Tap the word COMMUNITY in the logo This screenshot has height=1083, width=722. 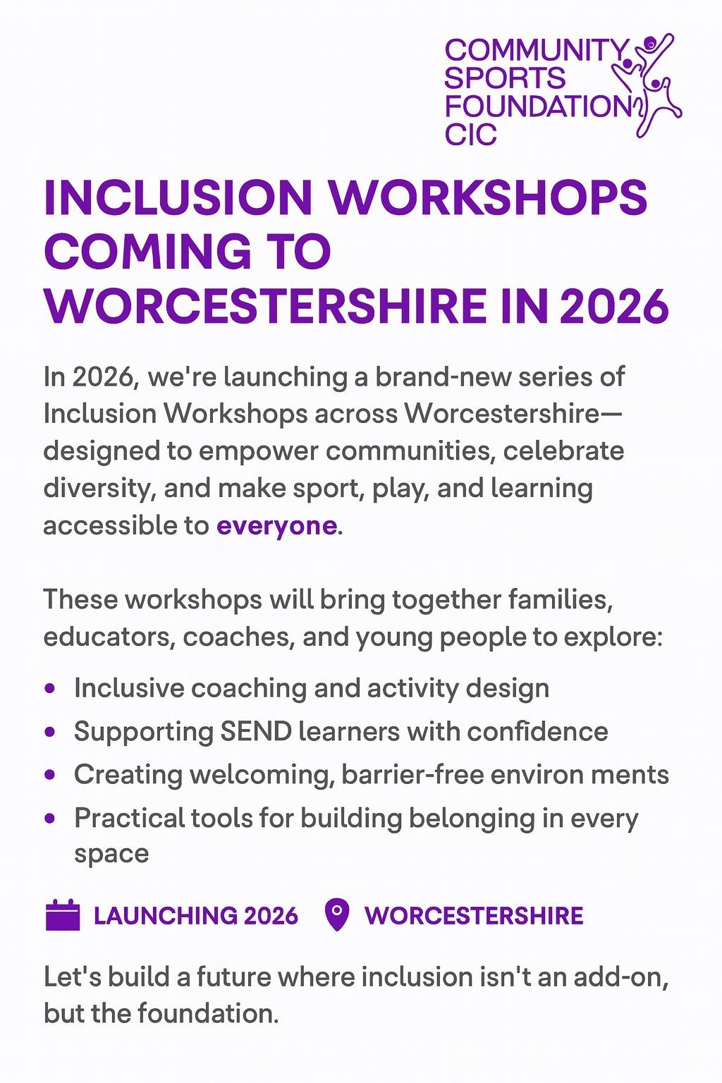(536, 50)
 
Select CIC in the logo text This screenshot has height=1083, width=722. (471, 134)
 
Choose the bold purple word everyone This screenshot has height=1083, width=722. (276, 526)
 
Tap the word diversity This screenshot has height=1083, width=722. (98, 489)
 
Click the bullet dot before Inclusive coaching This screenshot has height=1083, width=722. (49, 688)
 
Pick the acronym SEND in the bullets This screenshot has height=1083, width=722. (256, 731)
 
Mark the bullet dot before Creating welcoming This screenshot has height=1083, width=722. (49, 775)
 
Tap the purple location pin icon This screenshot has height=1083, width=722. (338, 915)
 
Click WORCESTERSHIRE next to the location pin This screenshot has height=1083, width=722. (474, 916)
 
